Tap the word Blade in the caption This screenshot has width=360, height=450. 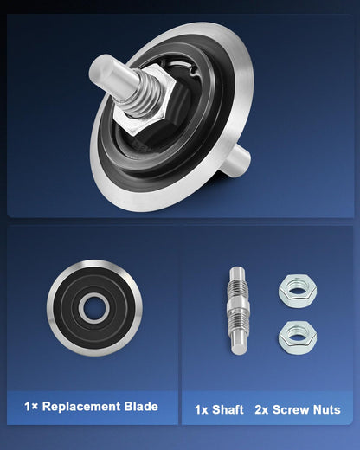pos(141,407)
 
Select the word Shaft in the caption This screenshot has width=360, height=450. pos(228,409)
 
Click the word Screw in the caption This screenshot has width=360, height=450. pos(291,409)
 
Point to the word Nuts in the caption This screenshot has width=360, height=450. pos(327,409)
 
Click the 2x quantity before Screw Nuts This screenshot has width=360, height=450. pos(261,409)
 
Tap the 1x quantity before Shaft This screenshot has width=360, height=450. pos(201,409)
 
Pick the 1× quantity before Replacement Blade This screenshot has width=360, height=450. pos(31,407)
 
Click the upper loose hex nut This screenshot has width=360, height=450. pos(298,291)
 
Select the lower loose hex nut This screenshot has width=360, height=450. pos(298,337)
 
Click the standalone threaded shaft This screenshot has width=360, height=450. pos(238,311)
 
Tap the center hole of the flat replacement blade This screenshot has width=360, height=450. pos(94,308)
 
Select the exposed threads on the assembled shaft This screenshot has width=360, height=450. pos(142,95)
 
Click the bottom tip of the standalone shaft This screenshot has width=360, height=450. pos(239,353)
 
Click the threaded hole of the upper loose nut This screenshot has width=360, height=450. pos(297,288)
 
